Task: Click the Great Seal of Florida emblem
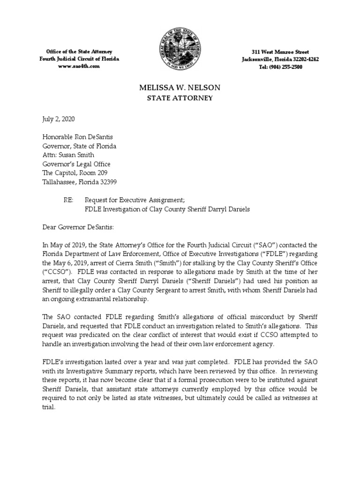click(180, 50)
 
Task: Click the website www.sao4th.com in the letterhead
click(79, 67)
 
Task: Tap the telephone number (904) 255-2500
click(280, 67)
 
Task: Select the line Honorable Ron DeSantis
click(77, 137)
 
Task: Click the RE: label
click(68, 200)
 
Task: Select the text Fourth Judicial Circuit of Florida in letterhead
click(79, 59)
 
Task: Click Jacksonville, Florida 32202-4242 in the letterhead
click(280, 59)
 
